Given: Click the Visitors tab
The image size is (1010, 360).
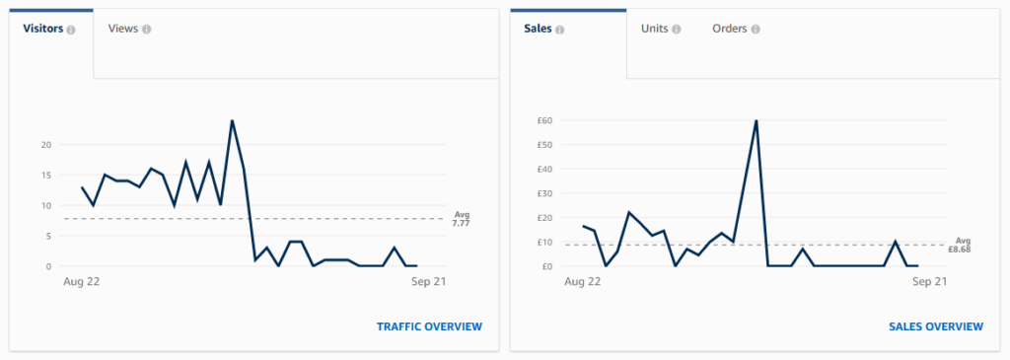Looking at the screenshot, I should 43,29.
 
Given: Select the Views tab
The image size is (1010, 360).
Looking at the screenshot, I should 123,29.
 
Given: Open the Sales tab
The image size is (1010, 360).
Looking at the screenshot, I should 539,29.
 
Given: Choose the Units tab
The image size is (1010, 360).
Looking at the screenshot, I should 654,29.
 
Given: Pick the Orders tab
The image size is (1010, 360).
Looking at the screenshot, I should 731,29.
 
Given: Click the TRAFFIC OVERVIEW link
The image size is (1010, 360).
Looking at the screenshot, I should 429,326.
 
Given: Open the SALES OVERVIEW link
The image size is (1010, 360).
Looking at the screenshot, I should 935,326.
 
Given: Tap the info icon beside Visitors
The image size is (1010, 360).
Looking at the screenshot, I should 71,30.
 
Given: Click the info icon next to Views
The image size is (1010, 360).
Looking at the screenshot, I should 146,30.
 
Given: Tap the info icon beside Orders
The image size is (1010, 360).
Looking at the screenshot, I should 755,30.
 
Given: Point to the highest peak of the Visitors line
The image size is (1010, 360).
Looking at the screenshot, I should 232,121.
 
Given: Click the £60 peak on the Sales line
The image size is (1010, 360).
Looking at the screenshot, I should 756,121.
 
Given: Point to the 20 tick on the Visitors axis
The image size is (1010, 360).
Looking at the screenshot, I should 45,145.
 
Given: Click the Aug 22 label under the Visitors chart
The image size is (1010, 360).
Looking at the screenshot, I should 82,281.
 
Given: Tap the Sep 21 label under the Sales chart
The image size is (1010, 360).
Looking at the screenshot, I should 930,281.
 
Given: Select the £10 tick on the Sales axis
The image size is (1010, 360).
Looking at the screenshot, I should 544,242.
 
